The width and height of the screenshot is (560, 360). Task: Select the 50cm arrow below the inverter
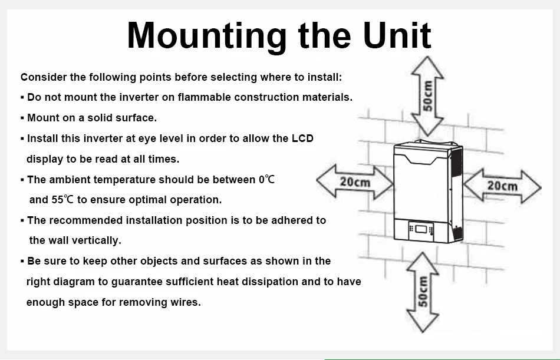coord(422,292)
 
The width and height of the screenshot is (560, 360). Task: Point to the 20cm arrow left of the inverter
coord(355,181)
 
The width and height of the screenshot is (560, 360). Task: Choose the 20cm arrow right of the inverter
coord(502,186)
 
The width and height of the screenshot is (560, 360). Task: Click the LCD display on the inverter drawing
coord(420,228)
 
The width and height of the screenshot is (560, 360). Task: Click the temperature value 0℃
coord(266,179)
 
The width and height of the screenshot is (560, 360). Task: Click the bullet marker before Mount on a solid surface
coord(22,118)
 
